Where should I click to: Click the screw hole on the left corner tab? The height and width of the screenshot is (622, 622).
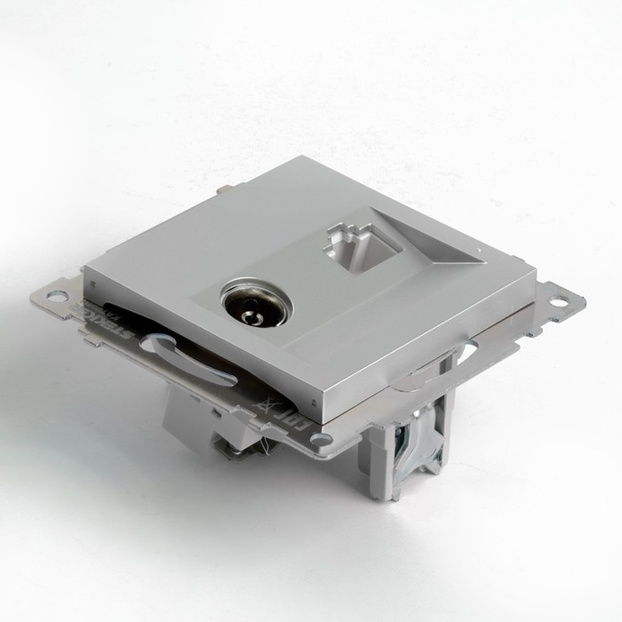click(56, 296)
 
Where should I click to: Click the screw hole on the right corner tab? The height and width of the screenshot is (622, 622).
click(559, 302)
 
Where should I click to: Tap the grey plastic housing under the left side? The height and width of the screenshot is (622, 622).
click(190, 413)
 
